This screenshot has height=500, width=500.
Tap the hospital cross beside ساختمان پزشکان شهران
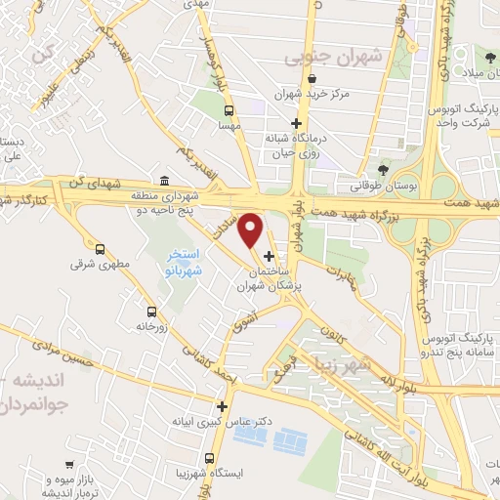[x=270, y=256]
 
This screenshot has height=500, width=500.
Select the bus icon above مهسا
[x=229, y=110]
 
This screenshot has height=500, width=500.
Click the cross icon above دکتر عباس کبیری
[x=223, y=406]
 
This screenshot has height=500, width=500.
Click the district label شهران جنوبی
[x=316, y=58]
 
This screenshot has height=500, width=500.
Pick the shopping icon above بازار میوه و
[x=68, y=465]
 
